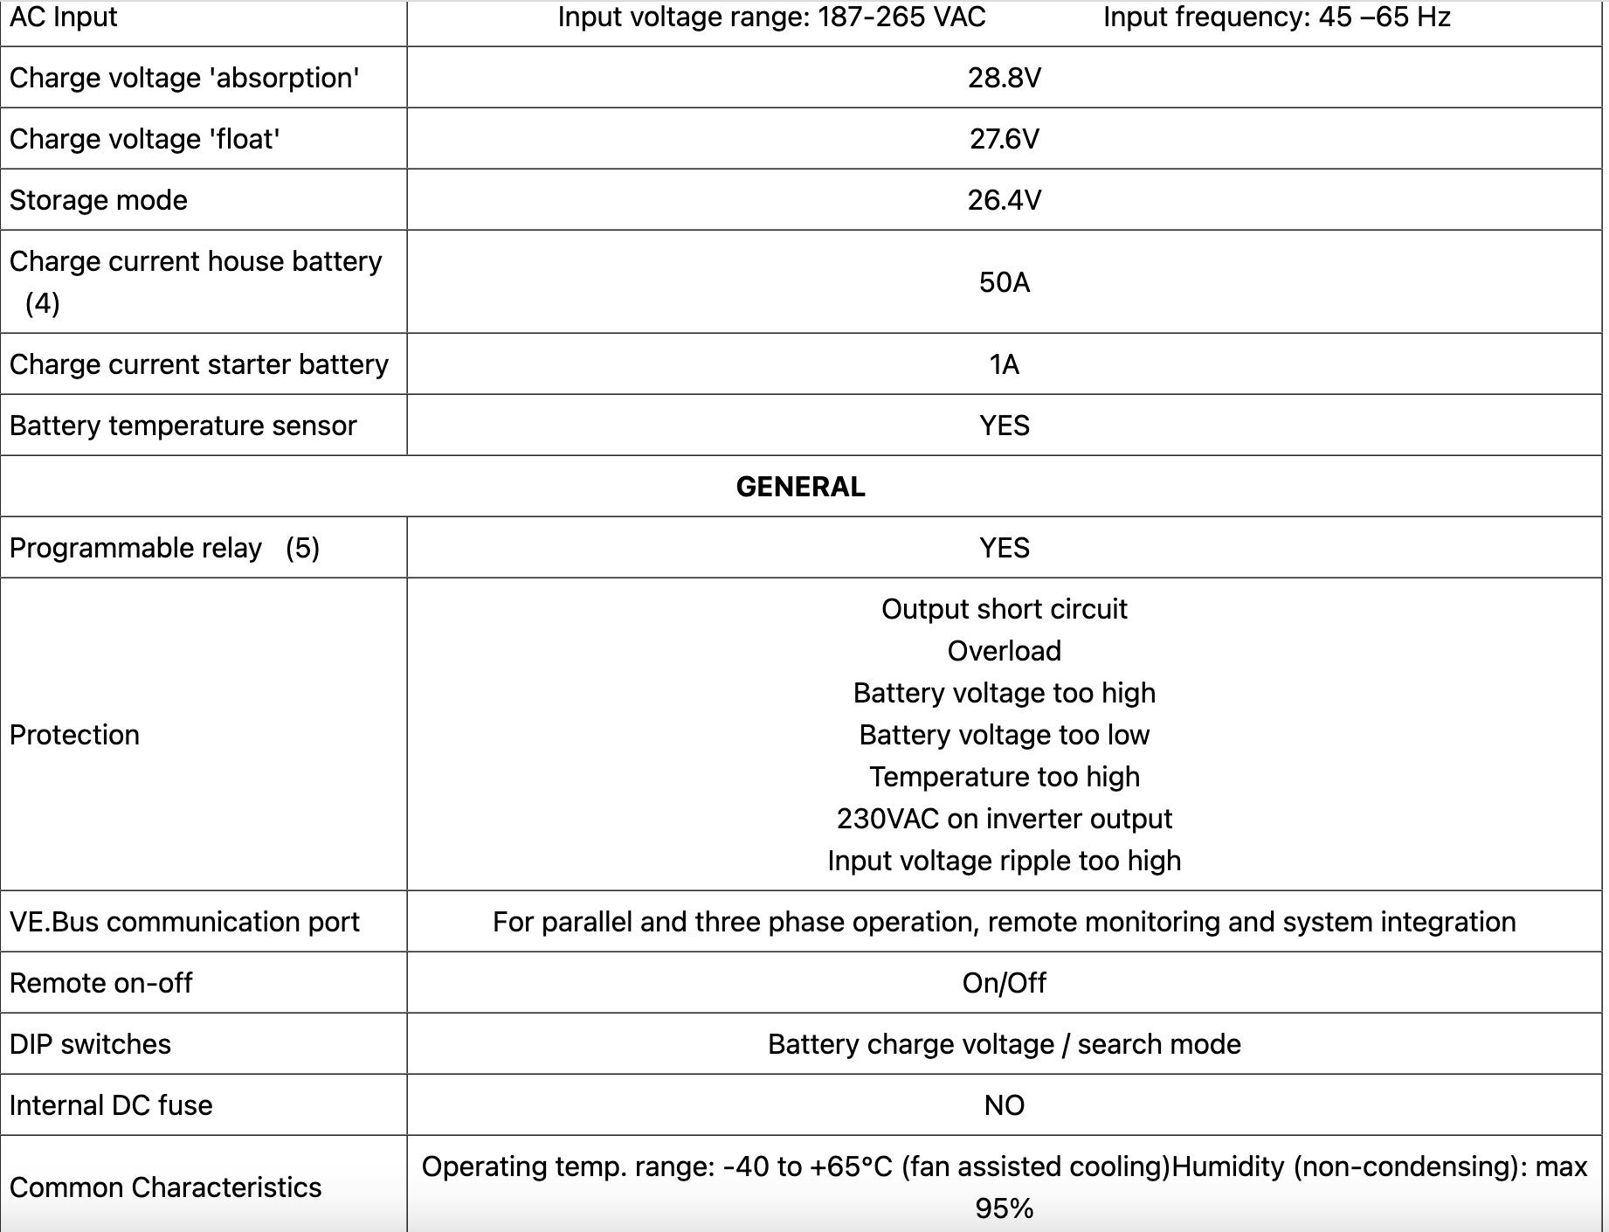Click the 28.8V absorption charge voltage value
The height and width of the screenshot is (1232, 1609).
coord(1004,78)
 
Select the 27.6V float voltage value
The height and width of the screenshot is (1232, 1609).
coord(1004,139)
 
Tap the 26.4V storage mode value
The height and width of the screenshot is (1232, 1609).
coord(1004,200)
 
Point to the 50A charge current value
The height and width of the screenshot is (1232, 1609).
coord(1004,282)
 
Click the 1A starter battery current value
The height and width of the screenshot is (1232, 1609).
coord(1004,364)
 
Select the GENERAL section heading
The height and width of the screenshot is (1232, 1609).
coord(800,487)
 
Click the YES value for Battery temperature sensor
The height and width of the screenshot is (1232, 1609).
coord(1004,426)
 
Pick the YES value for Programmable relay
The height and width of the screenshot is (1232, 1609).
coord(1004,548)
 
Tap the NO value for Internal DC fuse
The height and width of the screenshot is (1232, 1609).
coord(1004,1105)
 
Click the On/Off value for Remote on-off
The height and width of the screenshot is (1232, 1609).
coord(1004,983)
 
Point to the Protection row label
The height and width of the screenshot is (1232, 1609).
coord(74,735)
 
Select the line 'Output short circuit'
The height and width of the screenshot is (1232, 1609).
coord(1004,609)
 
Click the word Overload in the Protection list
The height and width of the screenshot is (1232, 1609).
coord(1004,651)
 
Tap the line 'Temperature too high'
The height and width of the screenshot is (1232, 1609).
coord(1004,777)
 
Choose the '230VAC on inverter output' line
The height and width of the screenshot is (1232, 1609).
coord(1004,819)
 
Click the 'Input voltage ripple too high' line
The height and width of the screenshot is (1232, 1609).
coord(1004,861)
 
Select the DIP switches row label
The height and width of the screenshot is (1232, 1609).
coord(90,1044)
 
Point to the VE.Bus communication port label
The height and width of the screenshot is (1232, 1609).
coord(184,922)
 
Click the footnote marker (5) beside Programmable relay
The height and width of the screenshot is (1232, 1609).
coord(302,548)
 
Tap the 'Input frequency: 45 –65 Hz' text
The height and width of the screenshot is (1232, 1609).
coord(1276,17)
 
